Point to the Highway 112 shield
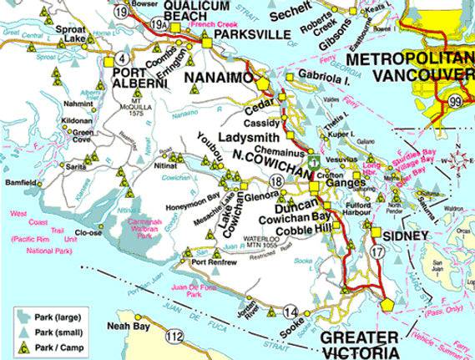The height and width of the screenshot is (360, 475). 174,337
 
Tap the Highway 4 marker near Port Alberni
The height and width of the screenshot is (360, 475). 123,58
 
